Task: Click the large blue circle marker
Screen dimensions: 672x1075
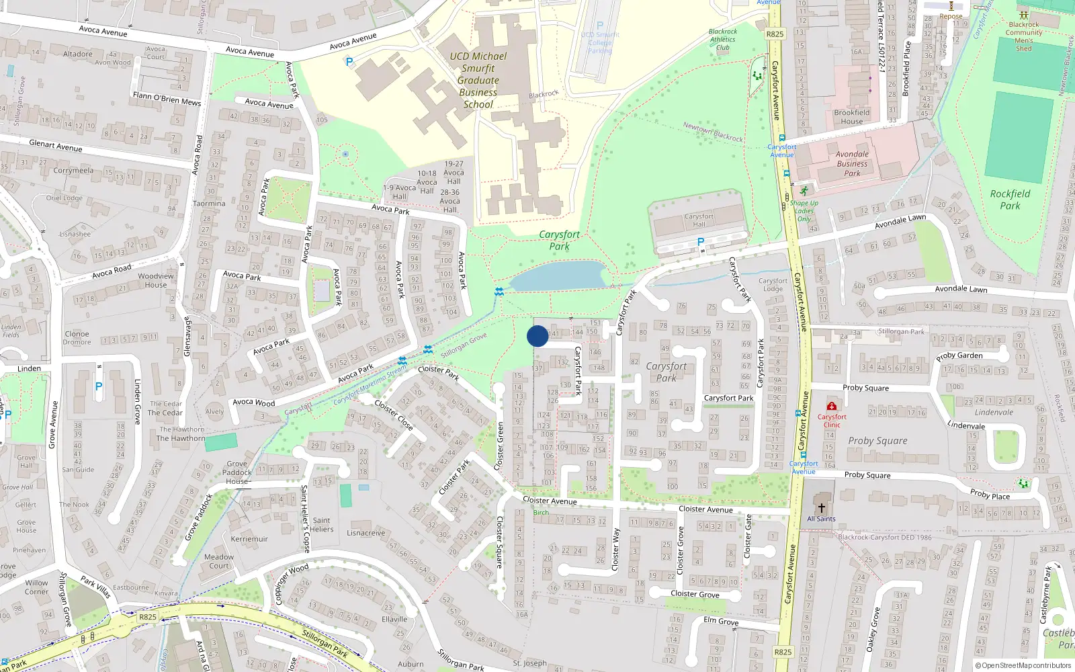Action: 537,336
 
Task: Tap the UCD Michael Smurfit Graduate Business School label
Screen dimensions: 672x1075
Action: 478,81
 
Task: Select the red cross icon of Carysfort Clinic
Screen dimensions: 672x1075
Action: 832,406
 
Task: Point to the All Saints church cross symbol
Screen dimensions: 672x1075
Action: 821,508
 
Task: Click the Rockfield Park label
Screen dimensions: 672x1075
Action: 1010,200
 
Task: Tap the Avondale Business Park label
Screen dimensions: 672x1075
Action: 852,164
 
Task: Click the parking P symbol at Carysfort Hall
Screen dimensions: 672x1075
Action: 701,242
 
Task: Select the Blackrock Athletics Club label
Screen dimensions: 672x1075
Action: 723,40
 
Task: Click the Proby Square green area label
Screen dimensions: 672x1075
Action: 877,441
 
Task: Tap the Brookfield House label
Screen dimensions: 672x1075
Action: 851,117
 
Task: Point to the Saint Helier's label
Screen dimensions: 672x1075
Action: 321,525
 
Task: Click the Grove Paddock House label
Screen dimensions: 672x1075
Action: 236,472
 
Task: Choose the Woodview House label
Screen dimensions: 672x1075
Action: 156,280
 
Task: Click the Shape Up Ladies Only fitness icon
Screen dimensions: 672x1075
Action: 804,192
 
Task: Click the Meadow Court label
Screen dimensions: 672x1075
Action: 219,561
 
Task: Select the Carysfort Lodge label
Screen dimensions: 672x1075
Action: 773,285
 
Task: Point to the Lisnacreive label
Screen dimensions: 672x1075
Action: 366,533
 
